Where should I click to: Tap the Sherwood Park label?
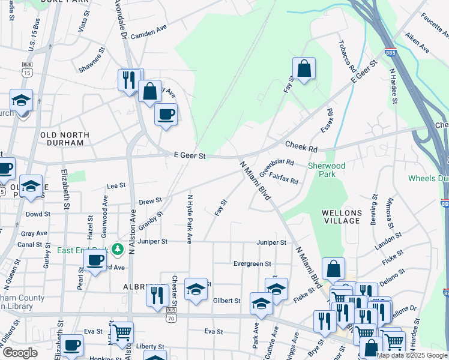[x=327, y=170]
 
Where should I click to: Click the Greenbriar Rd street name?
[x=277, y=166]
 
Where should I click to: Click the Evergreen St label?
[x=252, y=264]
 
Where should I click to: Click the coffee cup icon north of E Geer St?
[x=166, y=114]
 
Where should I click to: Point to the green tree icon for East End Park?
[x=118, y=248]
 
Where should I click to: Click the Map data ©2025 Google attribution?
[x=411, y=355]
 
